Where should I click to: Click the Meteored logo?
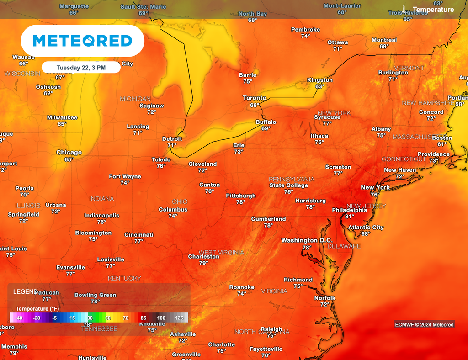[82, 41]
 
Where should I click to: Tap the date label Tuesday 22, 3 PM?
[80, 68]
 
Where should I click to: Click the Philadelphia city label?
[349, 210]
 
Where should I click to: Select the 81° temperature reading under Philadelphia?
[350, 217]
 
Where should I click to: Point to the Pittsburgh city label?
[240, 196]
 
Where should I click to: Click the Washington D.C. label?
[307, 240]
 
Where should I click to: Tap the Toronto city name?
[254, 98]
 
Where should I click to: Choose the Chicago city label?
[69, 153]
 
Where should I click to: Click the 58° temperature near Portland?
[460, 104]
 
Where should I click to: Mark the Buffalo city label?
[266, 122]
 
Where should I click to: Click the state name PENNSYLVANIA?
[292, 179]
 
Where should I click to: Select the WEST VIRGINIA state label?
[221, 252]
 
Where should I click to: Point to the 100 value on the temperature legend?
[161, 318]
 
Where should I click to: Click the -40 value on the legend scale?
[19, 318]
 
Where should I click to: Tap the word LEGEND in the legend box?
[26, 291]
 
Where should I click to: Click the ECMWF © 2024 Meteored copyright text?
[425, 325]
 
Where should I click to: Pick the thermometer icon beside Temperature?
[404, 9]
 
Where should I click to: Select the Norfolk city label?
[324, 298]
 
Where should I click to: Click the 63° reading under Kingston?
[319, 86]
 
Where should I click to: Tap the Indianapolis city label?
[101, 216]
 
